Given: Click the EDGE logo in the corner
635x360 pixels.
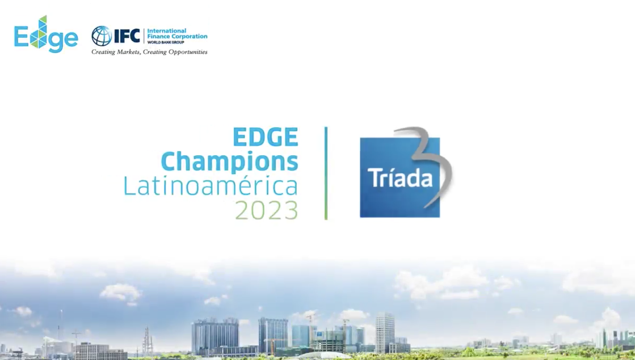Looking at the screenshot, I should coord(46,35).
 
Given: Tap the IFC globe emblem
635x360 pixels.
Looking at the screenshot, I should coord(101,36).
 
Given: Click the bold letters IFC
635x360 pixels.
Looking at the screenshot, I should coord(127,36).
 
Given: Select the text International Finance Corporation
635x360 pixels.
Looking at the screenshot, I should coord(177,34).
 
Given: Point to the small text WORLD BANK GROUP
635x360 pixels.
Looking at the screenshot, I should coord(165,42).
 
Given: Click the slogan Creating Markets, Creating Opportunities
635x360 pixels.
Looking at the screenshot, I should coord(150,52).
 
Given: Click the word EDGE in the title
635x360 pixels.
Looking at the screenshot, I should coord(265,137).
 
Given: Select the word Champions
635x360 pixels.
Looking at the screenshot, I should coord(229,162).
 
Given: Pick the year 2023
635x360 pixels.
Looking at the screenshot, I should coord(266,210).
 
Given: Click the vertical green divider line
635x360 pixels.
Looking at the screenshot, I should coord(326,173).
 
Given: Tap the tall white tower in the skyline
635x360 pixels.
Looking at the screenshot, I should coord(385,332).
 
